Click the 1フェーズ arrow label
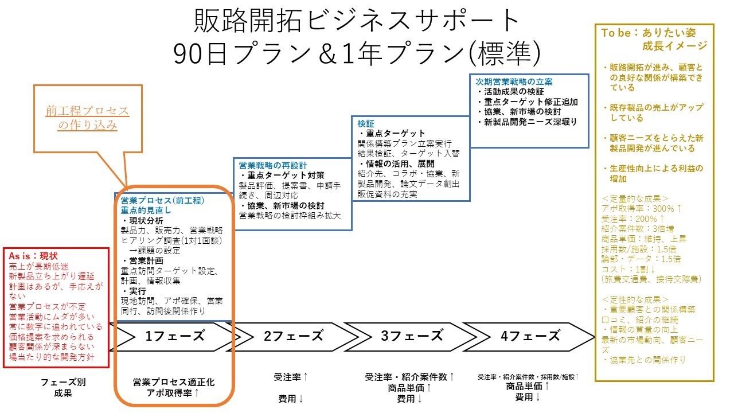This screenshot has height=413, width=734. click(x=175, y=336)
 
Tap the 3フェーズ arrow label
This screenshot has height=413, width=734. click(x=412, y=336)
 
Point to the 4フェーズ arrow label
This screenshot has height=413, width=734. click(x=530, y=336)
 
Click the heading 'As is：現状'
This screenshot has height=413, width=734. click(x=34, y=256)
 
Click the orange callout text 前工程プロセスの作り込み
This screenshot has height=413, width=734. click(x=87, y=118)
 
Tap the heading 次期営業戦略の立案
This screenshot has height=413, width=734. click(x=514, y=81)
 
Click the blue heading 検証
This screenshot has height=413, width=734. click(x=365, y=123)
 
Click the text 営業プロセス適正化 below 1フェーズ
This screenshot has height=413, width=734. click(x=174, y=382)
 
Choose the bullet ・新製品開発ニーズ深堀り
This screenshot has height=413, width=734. click(x=527, y=122)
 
